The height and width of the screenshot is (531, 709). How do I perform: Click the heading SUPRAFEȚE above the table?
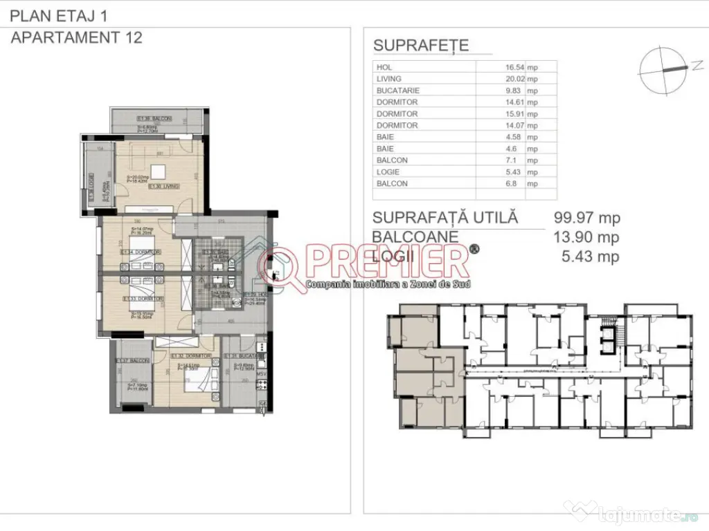click(x=421, y=46)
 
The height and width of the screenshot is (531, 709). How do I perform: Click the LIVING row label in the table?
click(x=389, y=79)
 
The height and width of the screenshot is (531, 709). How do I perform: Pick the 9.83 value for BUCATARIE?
click(x=516, y=91)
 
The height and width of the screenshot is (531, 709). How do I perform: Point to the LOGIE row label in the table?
click(x=388, y=172)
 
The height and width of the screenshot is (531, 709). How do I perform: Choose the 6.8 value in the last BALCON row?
click(x=517, y=184)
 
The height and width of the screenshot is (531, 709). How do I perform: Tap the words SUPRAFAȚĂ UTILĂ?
click(x=445, y=218)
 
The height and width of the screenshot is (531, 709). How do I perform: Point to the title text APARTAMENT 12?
click(x=77, y=37)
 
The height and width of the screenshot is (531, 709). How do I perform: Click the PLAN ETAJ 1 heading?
click(x=59, y=15)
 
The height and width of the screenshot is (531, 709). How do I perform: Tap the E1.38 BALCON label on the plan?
click(x=154, y=118)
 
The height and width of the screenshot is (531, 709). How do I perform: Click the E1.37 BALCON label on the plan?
click(x=129, y=361)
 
